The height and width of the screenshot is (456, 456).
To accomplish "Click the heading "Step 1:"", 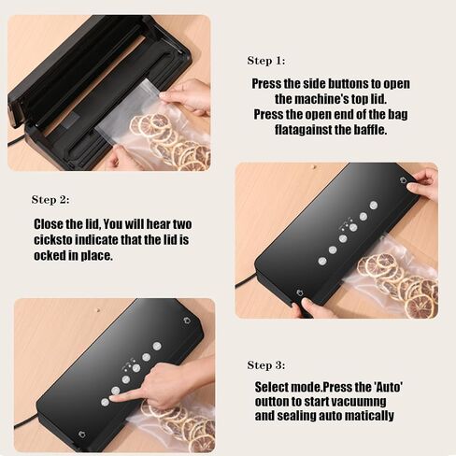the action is click(x=266, y=61).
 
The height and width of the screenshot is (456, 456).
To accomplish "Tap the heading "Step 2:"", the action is click(x=50, y=200).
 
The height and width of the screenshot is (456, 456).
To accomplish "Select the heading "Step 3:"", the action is click(x=266, y=365).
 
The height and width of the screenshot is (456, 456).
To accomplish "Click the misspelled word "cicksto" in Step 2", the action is click(x=53, y=240).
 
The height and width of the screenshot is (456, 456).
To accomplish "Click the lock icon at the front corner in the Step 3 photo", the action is click(x=82, y=434).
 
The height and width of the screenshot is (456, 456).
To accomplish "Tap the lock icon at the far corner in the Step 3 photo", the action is click(x=187, y=321).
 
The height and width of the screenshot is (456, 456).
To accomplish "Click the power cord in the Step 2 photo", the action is click(x=246, y=280).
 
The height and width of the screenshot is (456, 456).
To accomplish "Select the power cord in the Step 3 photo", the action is click(x=25, y=421).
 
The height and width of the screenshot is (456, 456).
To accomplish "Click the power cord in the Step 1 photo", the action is click(x=17, y=142).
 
